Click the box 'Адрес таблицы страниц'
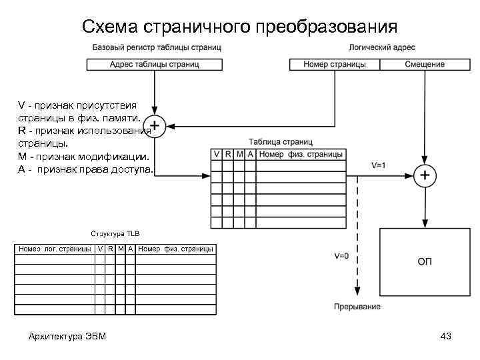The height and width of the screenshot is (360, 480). tap(155, 65)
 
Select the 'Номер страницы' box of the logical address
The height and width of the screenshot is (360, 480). tap(334, 65)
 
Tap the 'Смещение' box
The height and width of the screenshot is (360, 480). tap(425, 65)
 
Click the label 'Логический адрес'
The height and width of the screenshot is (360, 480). tap(382, 48)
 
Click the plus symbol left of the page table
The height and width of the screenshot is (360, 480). tap(155, 125)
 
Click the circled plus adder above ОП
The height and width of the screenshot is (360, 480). tap(425, 176)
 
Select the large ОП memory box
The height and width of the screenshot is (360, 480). tap(425, 261)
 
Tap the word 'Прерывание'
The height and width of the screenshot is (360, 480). tap(357, 307)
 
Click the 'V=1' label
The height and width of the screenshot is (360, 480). tap(378, 165)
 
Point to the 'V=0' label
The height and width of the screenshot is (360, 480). tap(341, 256)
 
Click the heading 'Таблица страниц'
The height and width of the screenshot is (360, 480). tap(280, 142)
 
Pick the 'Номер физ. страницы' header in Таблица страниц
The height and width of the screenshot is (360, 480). tap(301, 155)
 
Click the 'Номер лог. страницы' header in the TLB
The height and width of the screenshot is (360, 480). tap(55, 249)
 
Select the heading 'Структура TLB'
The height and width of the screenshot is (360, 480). tap(115, 233)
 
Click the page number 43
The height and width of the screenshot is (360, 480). tap(446, 336)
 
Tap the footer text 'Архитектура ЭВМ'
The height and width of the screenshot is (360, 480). tap(67, 336)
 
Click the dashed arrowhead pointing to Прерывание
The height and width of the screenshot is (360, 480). tap(357, 291)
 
